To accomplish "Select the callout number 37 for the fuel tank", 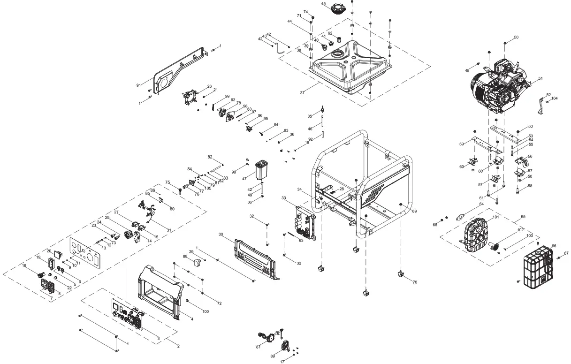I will click(x=303, y=93).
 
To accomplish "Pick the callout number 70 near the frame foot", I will click(x=414, y=282).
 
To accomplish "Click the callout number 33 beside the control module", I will click(x=283, y=198).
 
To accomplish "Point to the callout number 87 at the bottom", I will click(x=258, y=347).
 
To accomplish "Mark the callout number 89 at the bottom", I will click(x=272, y=357).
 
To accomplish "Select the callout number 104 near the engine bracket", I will click(x=555, y=99).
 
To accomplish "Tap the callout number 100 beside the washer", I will click(x=206, y=312).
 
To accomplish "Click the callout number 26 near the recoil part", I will click(x=209, y=86).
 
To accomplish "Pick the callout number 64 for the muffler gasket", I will click(x=481, y=204).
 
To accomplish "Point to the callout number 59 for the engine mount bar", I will click(x=462, y=144).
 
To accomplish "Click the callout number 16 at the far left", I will click(x=24, y=265).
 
